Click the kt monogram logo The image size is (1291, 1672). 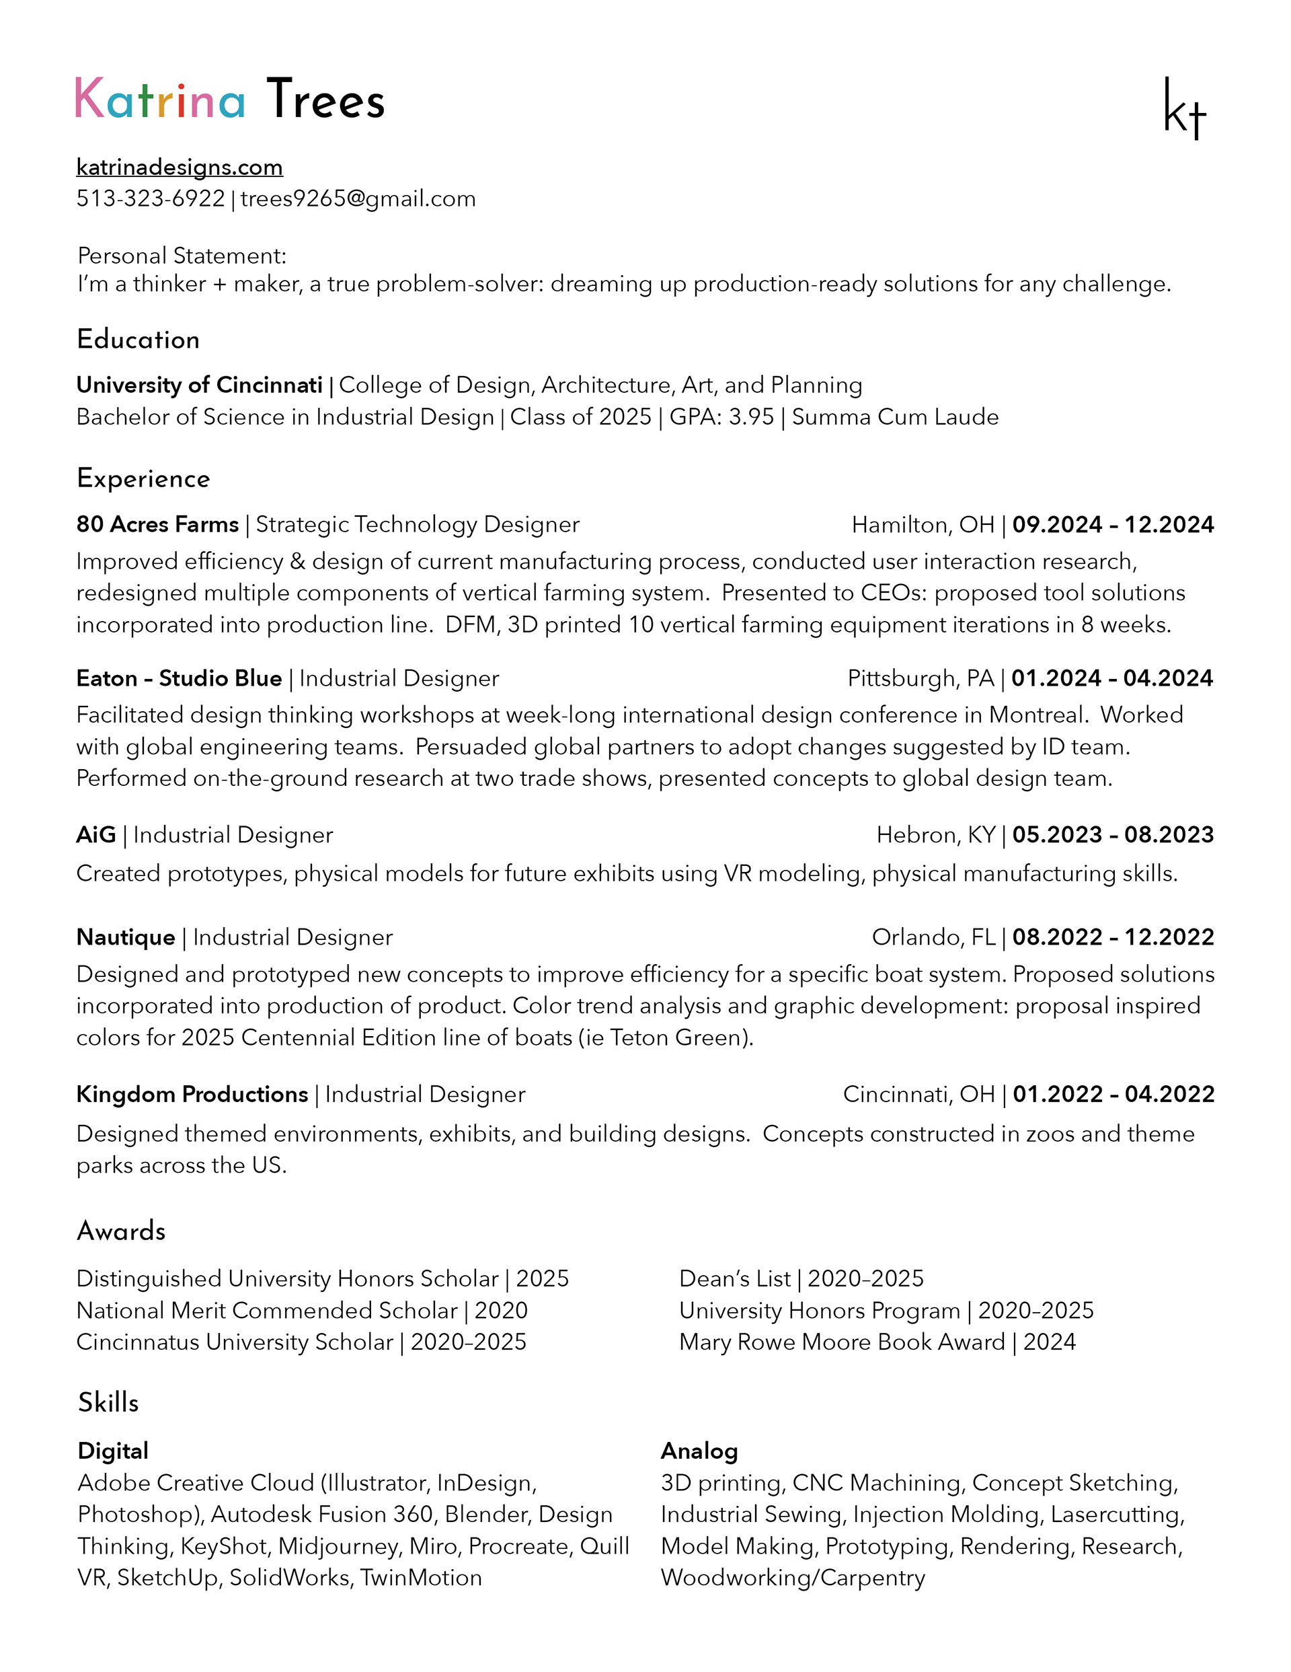[1185, 109]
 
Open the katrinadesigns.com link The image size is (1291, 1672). [180, 167]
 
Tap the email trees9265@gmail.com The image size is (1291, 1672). [358, 199]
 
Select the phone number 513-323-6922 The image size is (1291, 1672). [151, 199]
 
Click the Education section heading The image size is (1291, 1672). [139, 340]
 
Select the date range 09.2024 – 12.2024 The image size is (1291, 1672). [1113, 525]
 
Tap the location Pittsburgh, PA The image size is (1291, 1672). [921, 679]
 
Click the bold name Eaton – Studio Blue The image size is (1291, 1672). [179, 679]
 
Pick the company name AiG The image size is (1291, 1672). [96, 835]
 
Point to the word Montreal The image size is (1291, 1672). [1038, 715]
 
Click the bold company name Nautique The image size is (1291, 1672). [126, 938]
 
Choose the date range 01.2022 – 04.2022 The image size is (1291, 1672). [1113, 1095]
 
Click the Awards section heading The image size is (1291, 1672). [122, 1231]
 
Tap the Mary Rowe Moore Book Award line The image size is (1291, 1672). [877, 1343]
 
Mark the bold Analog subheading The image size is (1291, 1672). [699, 1451]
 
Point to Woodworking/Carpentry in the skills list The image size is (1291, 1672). [793, 1578]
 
